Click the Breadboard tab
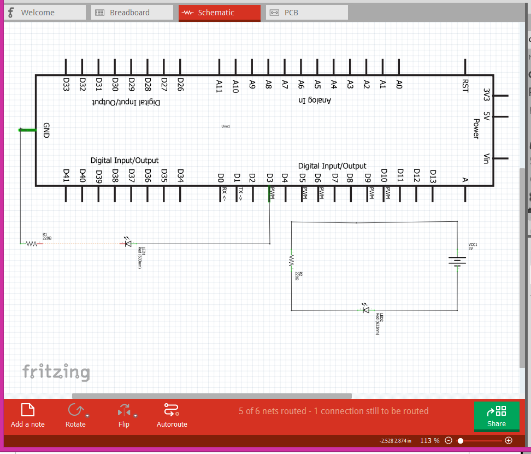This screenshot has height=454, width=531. click(129, 13)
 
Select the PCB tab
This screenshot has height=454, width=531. click(291, 13)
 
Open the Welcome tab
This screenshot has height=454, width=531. click(37, 13)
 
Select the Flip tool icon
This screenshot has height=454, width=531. click(124, 410)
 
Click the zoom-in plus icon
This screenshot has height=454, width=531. click(509, 440)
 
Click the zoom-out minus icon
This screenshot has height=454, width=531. click(449, 440)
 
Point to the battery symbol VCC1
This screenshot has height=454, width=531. click(457, 262)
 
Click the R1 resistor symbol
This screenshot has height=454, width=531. click(32, 244)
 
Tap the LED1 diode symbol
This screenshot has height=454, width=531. click(128, 244)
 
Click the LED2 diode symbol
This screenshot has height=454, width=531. click(366, 309)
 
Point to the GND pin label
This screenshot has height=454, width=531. click(46, 130)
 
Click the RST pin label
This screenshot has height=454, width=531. click(465, 86)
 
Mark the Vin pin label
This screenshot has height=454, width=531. click(486, 158)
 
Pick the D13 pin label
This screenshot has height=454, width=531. click(433, 175)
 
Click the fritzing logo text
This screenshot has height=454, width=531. click(56, 372)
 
